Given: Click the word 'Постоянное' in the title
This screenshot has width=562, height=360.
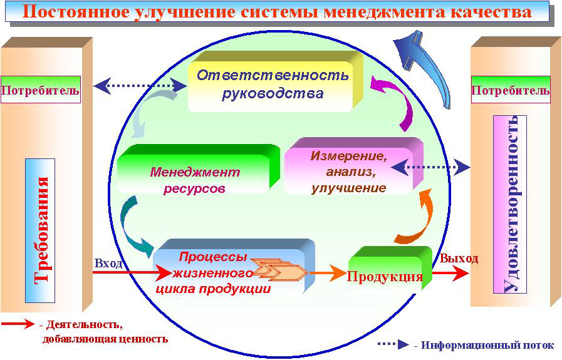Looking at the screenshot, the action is [75, 11].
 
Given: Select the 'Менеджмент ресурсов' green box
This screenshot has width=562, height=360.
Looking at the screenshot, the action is [198, 169].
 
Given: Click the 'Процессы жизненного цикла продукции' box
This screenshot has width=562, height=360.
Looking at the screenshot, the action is [234, 266].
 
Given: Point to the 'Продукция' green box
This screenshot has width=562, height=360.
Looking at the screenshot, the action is [390, 268].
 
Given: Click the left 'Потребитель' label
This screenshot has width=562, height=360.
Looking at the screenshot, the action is [41, 90].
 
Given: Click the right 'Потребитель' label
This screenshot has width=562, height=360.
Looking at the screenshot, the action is [511, 90].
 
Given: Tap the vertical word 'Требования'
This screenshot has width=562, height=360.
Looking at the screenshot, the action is [41, 230].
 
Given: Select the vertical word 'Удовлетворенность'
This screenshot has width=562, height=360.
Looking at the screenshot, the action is [510, 204].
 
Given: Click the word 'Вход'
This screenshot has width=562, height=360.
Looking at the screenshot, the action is [108, 264].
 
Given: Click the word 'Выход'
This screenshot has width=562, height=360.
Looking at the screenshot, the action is [459, 259].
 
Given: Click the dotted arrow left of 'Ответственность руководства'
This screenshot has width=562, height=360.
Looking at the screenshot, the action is [140, 86].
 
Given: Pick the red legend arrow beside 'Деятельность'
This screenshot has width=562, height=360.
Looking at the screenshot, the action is [18, 324].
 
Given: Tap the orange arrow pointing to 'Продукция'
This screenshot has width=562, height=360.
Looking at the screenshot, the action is [328, 274].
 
